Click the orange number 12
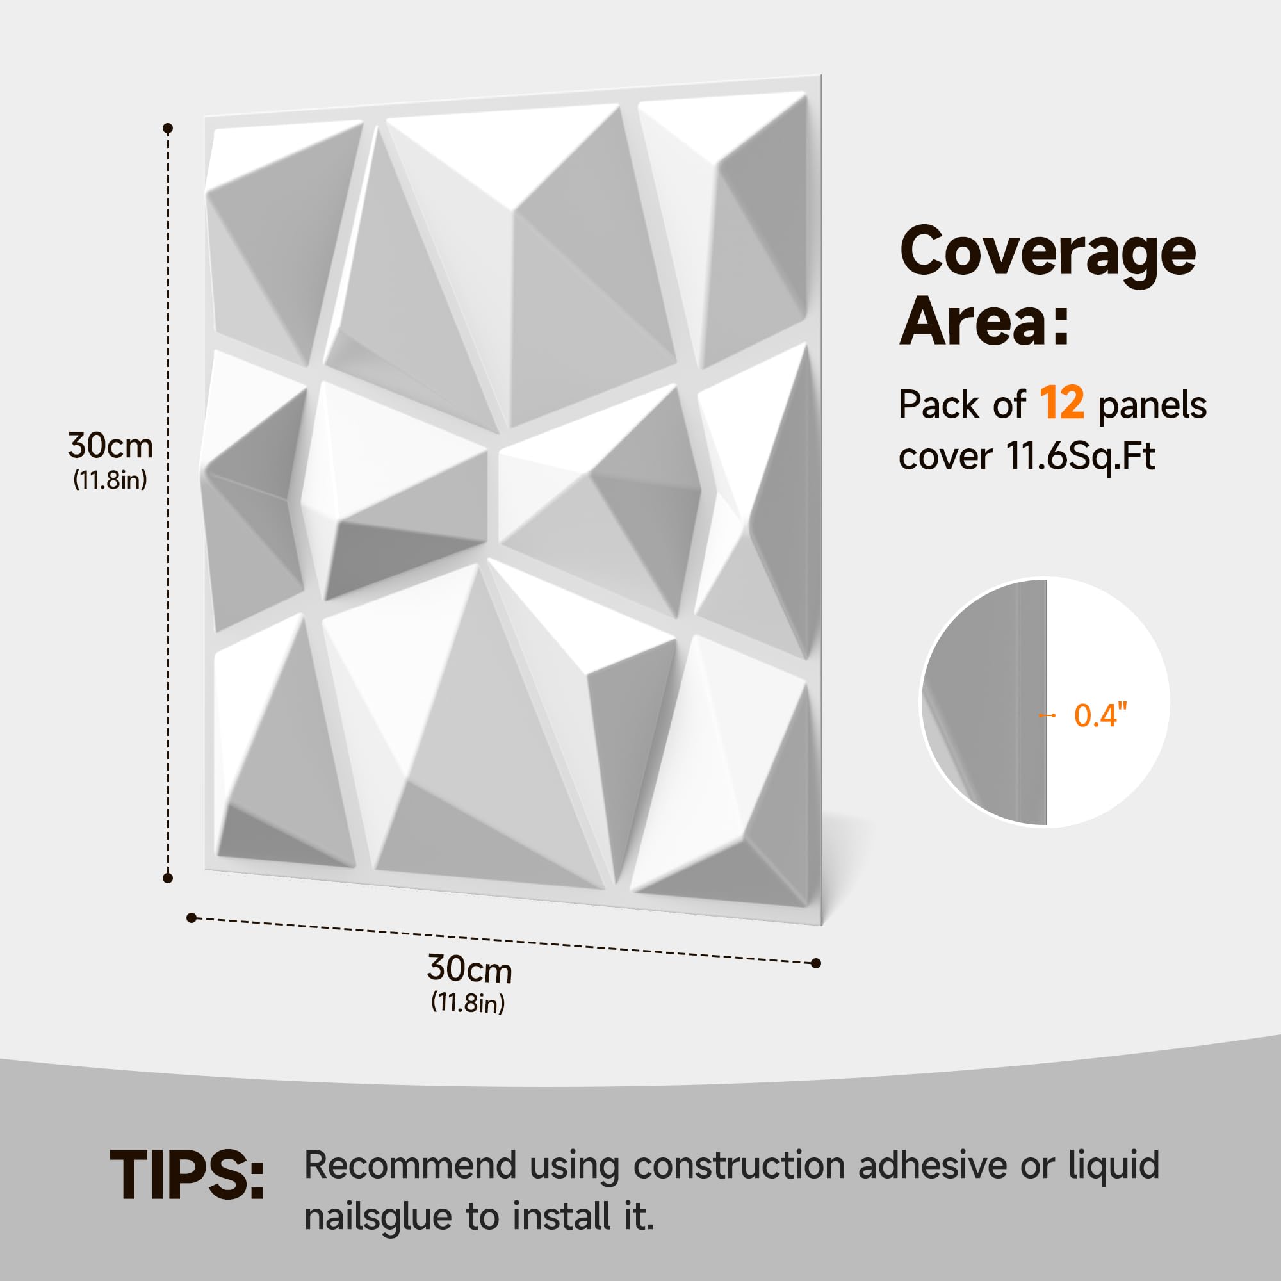[1061, 402]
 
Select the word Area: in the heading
[984, 320]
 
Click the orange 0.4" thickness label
[1100, 715]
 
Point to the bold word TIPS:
[187, 1175]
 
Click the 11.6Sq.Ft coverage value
[1081, 457]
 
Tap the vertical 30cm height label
[111, 446]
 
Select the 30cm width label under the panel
[469, 969]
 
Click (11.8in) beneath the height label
[110, 479]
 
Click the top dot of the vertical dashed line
[168, 128]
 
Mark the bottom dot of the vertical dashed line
[168, 878]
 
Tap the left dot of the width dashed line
[192, 918]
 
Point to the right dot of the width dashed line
[816, 963]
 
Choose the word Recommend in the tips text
[411, 1166]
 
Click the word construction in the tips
[739, 1166]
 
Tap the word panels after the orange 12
[1152, 405]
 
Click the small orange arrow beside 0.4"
[1047, 715]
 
